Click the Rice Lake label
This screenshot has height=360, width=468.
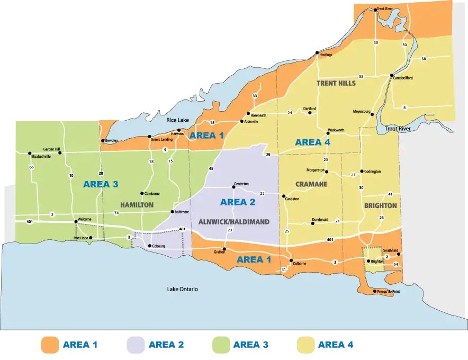click(x=177, y=120)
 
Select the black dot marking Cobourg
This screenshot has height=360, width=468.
click(x=150, y=246)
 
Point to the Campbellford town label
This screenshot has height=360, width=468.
click(x=403, y=78)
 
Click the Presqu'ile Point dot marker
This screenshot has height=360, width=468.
click(x=375, y=291)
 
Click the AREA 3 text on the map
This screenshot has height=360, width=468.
click(x=100, y=184)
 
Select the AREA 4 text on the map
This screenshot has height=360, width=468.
click(x=312, y=142)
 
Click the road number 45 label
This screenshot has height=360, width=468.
click(x=211, y=168)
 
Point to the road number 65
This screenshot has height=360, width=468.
click(x=32, y=167)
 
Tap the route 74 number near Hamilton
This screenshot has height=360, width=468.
click(x=116, y=212)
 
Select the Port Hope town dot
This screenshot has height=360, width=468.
click(x=93, y=238)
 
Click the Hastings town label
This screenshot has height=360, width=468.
click(x=326, y=55)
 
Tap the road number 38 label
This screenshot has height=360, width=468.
click(x=423, y=59)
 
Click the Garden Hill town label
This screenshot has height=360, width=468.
click(x=51, y=149)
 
